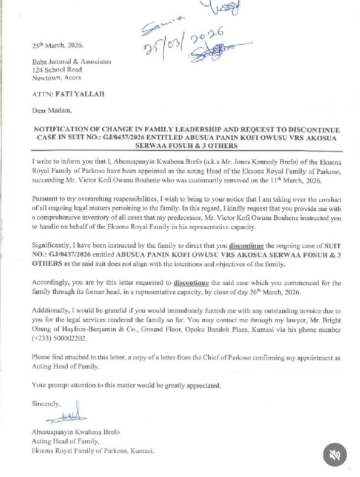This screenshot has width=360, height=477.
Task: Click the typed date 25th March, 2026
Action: pos(58,46)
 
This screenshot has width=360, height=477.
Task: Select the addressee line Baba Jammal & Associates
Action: pos(71,61)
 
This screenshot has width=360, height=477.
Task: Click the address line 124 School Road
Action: pos(57,70)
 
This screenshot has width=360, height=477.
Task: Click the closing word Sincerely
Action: pos(46,403)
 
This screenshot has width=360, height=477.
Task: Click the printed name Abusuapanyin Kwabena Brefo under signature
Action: pos(72,432)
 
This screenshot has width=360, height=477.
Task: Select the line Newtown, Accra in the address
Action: pos(56,78)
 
